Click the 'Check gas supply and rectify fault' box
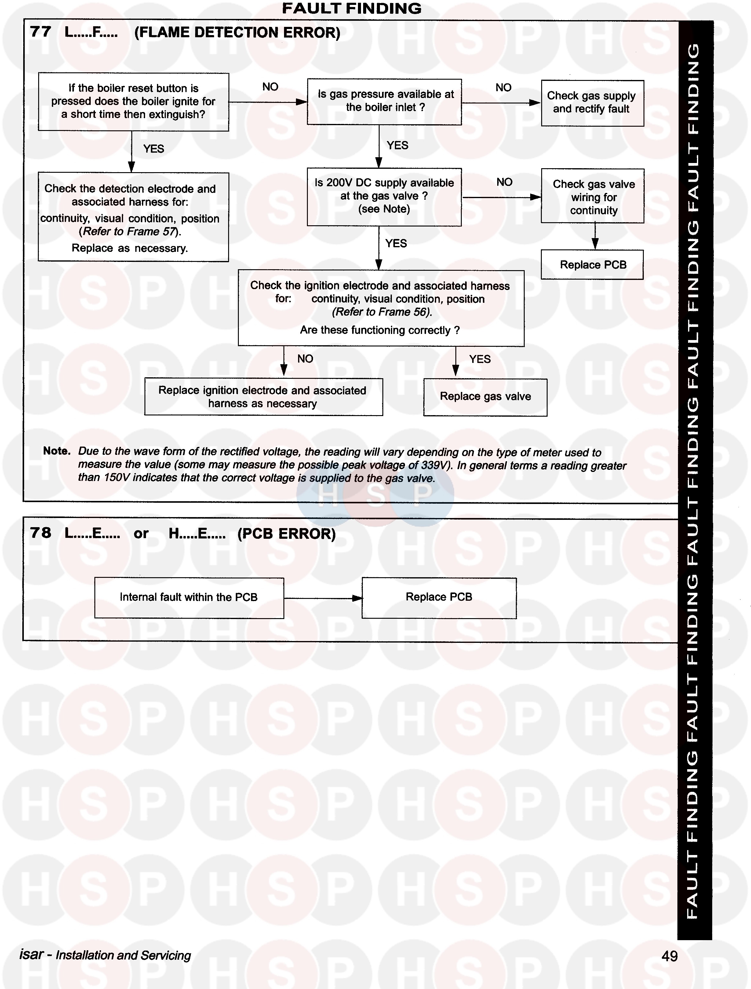point(592,103)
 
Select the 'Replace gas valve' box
point(485,397)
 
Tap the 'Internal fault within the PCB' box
point(189,597)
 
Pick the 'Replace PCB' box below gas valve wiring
point(592,265)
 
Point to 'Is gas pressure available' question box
point(384,101)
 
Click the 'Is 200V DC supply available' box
point(384,196)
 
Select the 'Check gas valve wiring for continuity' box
point(592,196)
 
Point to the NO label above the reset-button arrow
point(270,87)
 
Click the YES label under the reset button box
point(153,149)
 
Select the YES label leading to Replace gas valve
point(479,359)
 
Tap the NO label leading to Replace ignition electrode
point(305,359)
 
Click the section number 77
point(41,32)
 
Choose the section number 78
point(41,533)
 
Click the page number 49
point(669,956)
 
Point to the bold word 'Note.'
point(57,451)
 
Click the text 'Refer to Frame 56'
point(381,312)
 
